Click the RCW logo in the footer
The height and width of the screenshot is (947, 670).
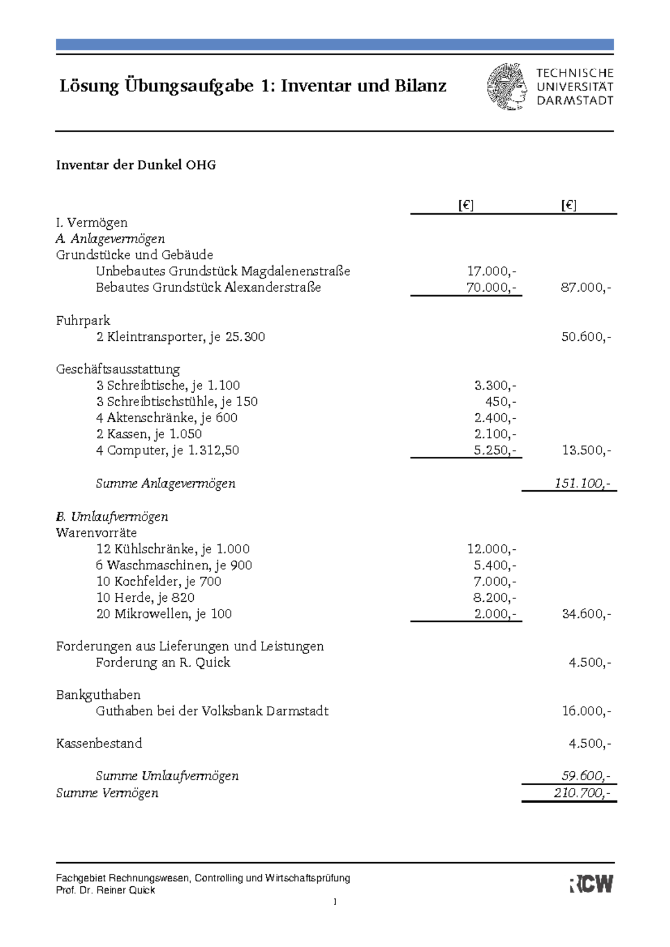(x=591, y=884)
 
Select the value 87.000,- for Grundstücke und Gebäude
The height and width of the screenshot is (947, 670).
(x=585, y=288)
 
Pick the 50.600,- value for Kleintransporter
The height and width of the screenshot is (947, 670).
(x=585, y=337)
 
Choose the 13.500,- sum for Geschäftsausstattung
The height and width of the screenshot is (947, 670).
(x=585, y=450)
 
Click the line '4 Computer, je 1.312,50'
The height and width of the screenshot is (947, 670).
(x=167, y=450)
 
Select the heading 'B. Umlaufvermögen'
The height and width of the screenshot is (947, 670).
(x=112, y=516)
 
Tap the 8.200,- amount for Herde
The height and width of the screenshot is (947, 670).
(x=494, y=598)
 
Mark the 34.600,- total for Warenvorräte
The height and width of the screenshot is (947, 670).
(x=585, y=614)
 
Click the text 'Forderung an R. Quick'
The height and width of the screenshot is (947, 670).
(x=162, y=663)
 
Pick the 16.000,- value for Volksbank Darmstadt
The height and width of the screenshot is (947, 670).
(x=585, y=711)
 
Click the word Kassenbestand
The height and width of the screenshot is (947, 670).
(x=99, y=743)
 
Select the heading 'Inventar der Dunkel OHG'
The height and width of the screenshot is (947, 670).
(x=136, y=165)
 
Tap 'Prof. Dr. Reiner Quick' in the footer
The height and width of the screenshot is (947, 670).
(x=106, y=891)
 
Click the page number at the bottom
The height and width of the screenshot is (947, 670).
(x=335, y=902)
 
